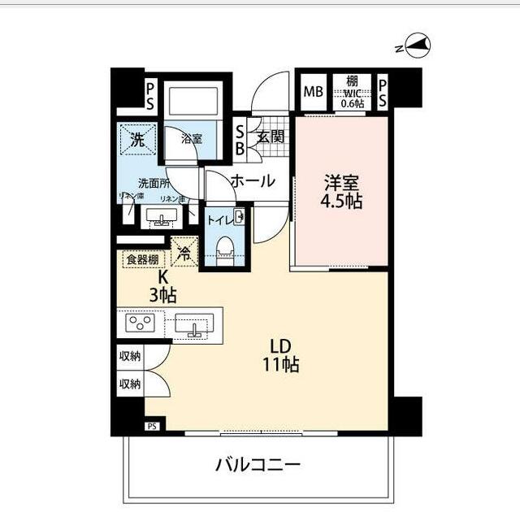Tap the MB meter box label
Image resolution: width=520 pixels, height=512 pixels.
(313, 90)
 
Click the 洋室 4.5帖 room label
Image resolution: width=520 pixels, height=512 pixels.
(341, 192)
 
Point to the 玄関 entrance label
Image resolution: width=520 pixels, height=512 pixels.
(271, 137)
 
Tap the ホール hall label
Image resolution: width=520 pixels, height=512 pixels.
(253, 181)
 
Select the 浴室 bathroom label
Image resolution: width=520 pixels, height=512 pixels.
(192, 139)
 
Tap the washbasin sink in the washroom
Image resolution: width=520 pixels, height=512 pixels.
(163, 218)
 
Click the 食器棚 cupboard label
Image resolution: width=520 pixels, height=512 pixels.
(142, 260)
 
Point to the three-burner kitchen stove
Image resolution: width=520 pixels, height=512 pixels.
(141, 323)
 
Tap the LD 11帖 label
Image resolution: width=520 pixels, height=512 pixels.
(281, 356)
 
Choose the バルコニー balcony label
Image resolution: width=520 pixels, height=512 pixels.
(258, 465)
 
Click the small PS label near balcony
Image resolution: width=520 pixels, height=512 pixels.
(151, 425)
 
